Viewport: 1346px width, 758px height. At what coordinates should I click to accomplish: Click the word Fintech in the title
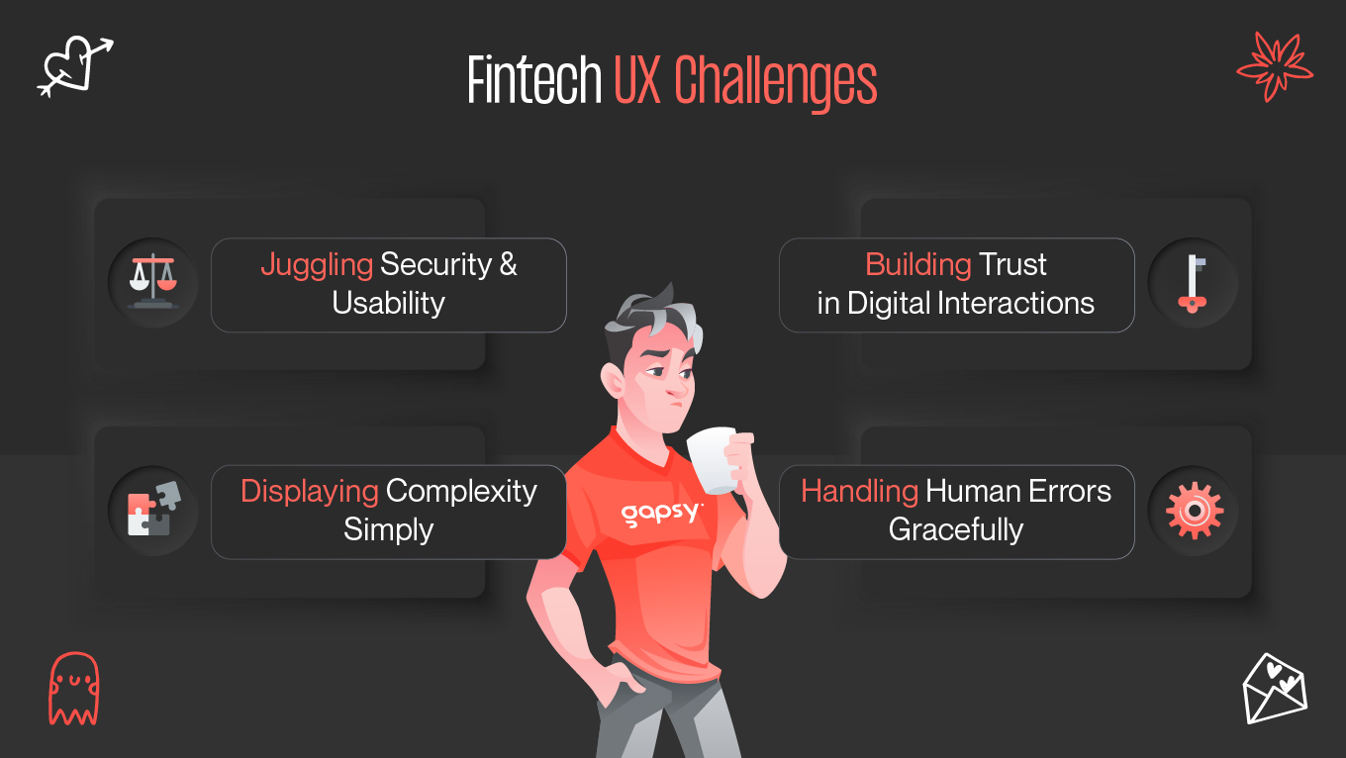(x=533, y=81)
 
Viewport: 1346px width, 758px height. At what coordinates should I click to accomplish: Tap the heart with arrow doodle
(x=73, y=65)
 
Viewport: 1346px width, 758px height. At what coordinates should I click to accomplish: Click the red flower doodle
(x=1275, y=65)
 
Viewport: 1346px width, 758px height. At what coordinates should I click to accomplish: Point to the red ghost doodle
(x=73, y=689)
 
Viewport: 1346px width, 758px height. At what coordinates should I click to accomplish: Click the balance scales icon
(x=152, y=283)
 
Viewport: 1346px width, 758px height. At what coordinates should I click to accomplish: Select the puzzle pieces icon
(x=152, y=511)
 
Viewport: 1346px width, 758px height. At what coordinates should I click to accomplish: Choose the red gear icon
(x=1194, y=511)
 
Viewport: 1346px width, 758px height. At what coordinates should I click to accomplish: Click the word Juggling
(x=316, y=265)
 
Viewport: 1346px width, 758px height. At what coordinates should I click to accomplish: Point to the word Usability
(x=388, y=303)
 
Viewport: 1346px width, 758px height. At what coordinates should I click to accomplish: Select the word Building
(x=917, y=265)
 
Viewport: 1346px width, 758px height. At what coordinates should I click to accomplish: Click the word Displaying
(x=309, y=492)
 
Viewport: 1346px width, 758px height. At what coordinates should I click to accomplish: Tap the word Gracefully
(x=955, y=529)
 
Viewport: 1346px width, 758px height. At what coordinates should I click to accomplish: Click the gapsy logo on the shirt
(x=661, y=513)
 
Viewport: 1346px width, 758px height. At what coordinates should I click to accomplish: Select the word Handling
(x=859, y=492)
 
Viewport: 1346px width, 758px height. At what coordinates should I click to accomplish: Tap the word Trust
(x=1012, y=265)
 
